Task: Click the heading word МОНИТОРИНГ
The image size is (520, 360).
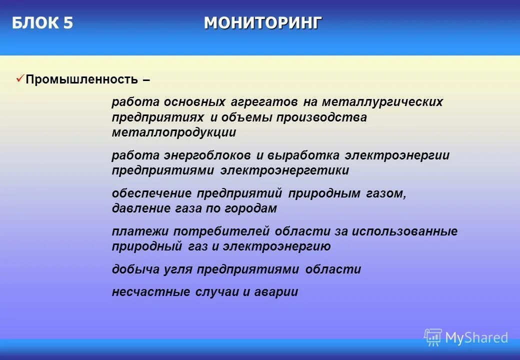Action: point(263,23)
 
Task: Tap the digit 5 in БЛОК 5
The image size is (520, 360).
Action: point(68,23)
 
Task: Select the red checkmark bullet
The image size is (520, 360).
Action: point(20,78)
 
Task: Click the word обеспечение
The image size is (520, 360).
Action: point(151,193)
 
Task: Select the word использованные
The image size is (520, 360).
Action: point(404,231)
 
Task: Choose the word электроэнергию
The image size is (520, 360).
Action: point(276,247)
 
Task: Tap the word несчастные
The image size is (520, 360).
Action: point(151,292)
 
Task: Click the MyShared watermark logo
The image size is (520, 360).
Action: point(466,338)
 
